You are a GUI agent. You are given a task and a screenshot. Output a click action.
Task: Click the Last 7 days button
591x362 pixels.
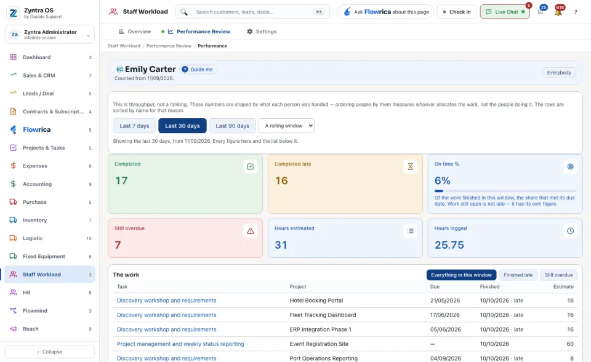click(134, 126)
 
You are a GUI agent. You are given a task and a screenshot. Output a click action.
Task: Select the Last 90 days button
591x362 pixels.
click(232, 126)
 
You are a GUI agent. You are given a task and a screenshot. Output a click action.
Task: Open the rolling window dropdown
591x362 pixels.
click(286, 126)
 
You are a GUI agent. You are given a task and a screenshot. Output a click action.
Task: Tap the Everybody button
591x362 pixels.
click(559, 73)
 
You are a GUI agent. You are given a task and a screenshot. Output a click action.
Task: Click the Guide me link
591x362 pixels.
click(198, 70)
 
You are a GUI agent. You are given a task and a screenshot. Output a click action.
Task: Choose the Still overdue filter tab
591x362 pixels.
click(558, 275)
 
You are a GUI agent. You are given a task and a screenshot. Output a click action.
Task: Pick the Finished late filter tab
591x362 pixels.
click(518, 275)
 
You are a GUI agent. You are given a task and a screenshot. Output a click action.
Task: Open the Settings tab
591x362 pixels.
click(262, 31)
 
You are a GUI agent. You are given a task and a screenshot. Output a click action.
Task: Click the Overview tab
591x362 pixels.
click(135, 31)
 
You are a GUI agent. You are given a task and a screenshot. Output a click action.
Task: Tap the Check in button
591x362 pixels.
click(457, 12)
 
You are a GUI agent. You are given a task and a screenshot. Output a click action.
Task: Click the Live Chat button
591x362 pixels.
click(505, 12)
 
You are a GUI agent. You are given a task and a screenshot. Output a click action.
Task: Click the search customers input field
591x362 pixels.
click(252, 12)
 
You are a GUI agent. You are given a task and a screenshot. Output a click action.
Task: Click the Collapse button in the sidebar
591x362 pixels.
click(49, 352)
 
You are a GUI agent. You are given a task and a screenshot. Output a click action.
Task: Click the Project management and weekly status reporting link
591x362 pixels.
click(180, 344)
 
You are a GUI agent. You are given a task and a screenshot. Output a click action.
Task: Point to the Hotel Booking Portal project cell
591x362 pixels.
click(316, 300)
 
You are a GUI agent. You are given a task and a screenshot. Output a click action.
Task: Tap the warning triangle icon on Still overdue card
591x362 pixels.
click(251, 231)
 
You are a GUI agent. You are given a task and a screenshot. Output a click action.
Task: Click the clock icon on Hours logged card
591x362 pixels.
click(570, 231)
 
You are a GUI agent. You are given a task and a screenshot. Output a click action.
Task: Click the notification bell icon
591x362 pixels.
click(558, 12)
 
